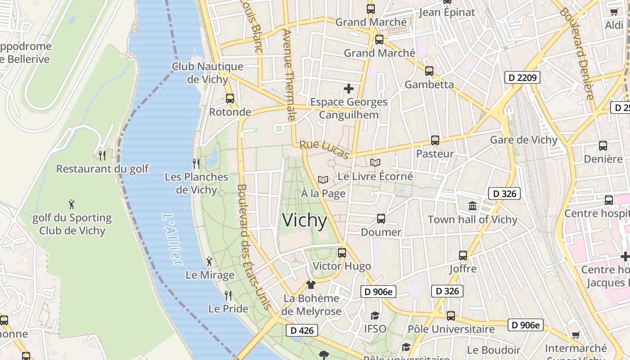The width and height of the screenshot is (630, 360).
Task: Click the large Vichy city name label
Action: tap(305, 220)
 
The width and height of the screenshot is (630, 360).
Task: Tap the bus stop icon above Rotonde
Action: tap(230, 98)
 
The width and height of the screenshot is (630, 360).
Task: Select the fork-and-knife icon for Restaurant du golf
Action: tap(102, 155)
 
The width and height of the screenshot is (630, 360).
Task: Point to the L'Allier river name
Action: tap(172, 238)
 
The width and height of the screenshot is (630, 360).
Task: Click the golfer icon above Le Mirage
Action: tap(209, 261)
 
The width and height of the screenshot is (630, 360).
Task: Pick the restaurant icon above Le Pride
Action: tap(228, 295)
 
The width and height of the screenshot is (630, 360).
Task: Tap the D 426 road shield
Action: tap(302, 330)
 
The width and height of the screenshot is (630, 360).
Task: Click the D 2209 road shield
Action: tap(522, 77)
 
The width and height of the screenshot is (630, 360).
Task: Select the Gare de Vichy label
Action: tap(523, 139)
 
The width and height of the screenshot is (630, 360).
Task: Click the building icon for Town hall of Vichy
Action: tap(472, 206)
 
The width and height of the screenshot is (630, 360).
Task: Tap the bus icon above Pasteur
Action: tap(435, 140)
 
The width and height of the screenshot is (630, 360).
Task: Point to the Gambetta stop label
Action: tap(429, 85)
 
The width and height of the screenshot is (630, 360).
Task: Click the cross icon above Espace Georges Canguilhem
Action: tap(349, 89)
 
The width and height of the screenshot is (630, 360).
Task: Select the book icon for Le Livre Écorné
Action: tap(375, 162)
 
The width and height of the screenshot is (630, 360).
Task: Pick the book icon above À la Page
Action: tap(323, 180)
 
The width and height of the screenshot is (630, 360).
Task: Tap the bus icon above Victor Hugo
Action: tap(342, 252)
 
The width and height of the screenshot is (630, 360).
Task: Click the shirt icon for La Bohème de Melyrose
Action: tap(310, 284)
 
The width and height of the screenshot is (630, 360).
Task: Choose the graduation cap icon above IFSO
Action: tap(375, 315)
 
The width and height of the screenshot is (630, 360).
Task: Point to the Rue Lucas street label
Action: tap(324, 150)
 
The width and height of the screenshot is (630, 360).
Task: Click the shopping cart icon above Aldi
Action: tap(614, 12)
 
